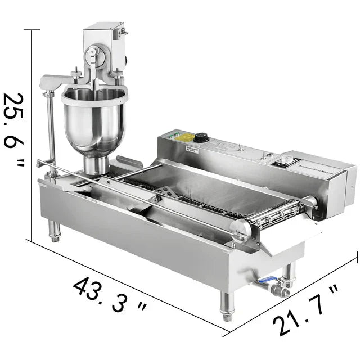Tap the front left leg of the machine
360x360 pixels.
pos(55,231)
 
